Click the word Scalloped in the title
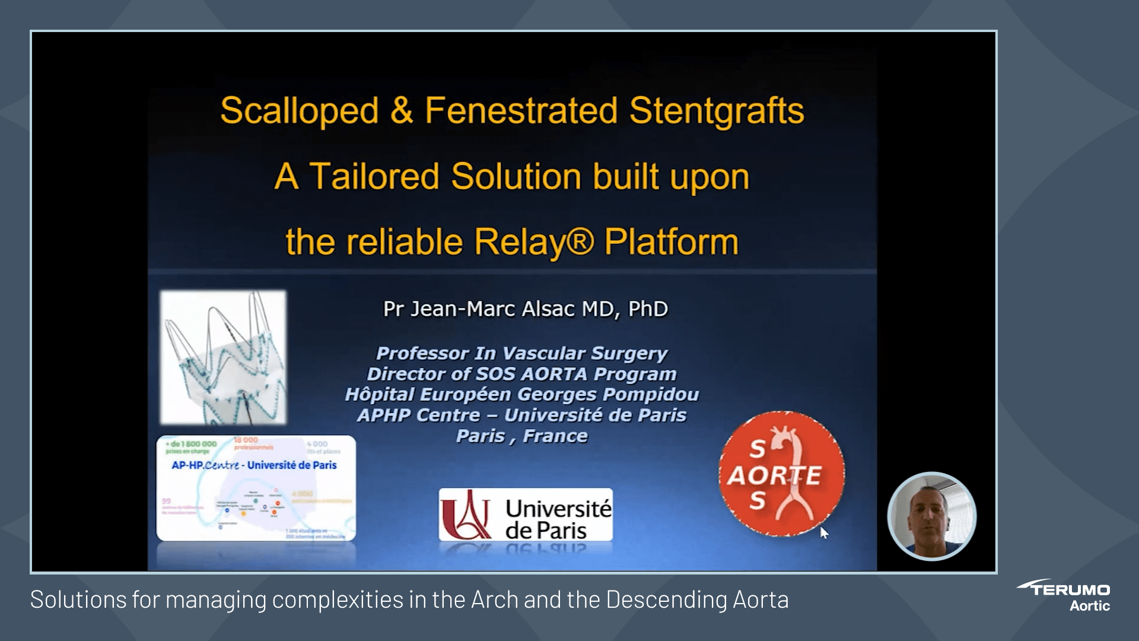click(x=299, y=111)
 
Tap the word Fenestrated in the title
click(x=521, y=111)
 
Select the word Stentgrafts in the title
click(x=716, y=111)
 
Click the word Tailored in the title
click(x=374, y=177)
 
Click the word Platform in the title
click(x=671, y=242)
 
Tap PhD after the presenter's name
click(x=648, y=309)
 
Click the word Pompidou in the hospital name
click(x=651, y=395)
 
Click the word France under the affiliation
click(x=555, y=436)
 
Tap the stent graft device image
click(x=224, y=357)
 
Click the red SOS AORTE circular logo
click(x=781, y=474)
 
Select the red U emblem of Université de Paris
click(x=466, y=514)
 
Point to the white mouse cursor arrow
click(x=823, y=531)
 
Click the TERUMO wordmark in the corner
click(x=1070, y=589)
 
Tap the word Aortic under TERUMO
click(x=1089, y=606)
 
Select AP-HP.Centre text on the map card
click(x=205, y=465)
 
